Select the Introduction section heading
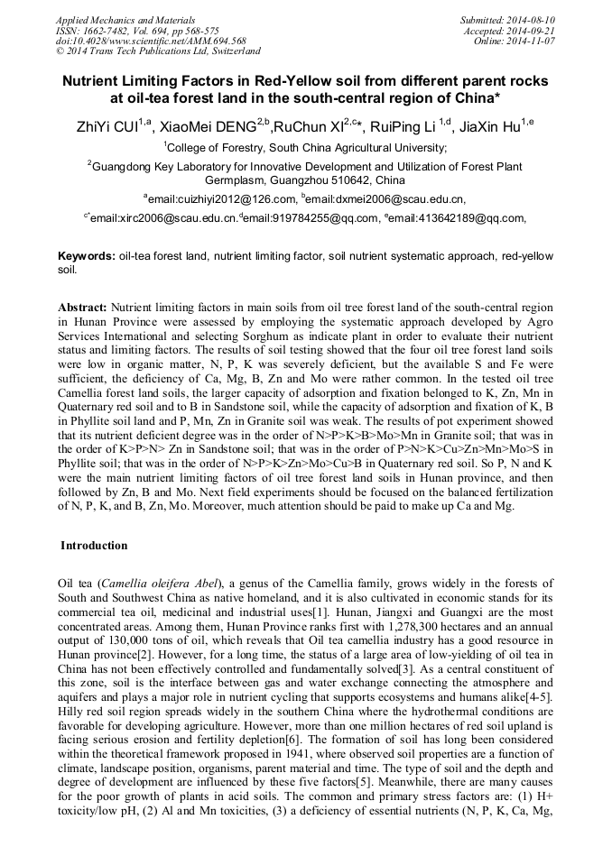(94, 546)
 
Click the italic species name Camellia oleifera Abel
(169, 584)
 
